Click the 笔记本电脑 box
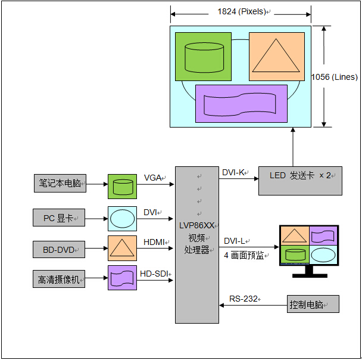pos(59,184)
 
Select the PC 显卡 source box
pos(59,218)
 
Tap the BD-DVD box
pos(59,250)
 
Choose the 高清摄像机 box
pos(59,279)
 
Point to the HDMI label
pos(155,241)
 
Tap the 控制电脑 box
pos(313,304)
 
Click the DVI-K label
pos(234,172)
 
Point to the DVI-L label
pos(235,241)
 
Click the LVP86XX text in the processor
pos(197,225)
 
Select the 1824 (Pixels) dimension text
pos(241,12)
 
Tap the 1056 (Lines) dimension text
pos(335,77)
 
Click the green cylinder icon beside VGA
pos(122,187)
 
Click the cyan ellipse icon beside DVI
pos(122,218)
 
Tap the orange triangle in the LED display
pos(276,56)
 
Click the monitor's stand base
pos(309,275)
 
